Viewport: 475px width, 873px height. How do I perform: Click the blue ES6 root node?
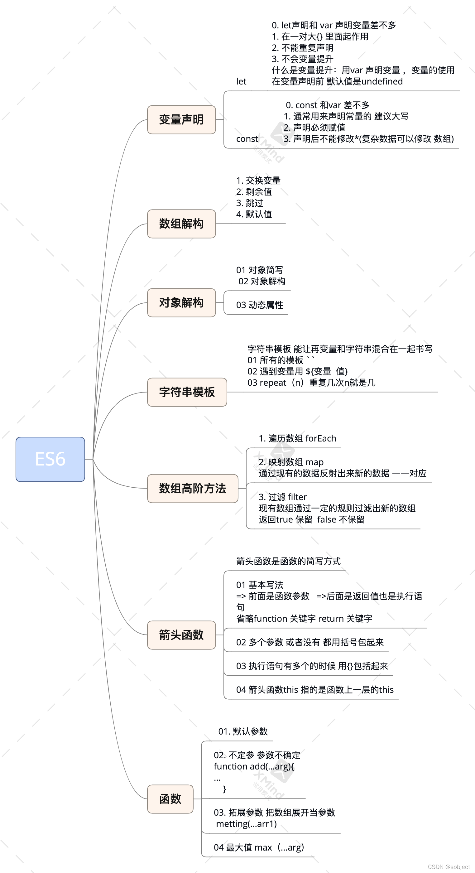(50, 459)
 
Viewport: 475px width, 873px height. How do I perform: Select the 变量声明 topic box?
(181, 120)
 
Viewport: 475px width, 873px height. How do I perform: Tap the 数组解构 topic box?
(181, 224)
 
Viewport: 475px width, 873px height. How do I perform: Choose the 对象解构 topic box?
(181, 303)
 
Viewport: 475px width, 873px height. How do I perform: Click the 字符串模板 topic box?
(187, 392)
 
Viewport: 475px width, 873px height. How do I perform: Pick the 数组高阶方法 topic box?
(192, 488)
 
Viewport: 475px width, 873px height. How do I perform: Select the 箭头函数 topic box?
(181, 635)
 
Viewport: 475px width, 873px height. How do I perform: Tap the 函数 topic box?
(170, 799)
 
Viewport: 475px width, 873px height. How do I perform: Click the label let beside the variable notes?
(241, 82)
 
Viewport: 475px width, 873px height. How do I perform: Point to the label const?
(247, 139)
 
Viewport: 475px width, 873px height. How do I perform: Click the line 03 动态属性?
(260, 305)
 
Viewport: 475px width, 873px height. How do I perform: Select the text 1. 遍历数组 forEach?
(297, 439)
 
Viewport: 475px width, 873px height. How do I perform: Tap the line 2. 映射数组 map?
(291, 462)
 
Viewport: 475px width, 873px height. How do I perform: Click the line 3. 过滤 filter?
(283, 497)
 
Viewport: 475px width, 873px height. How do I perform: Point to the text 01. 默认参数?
(243, 731)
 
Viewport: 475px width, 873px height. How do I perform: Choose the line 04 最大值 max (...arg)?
(259, 847)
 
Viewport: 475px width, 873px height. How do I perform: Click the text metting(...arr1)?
(246, 823)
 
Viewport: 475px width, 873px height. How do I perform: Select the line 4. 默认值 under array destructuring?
(254, 214)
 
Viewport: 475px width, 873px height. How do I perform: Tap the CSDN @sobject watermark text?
(449, 866)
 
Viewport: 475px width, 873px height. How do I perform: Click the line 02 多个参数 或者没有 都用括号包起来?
(310, 642)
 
